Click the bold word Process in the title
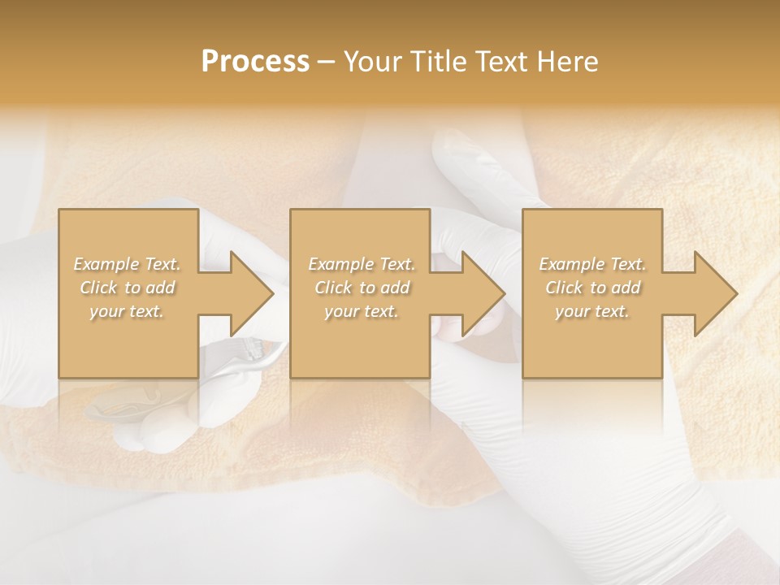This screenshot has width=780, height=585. pyautogui.click(x=255, y=62)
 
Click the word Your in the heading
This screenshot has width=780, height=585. pyautogui.click(x=372, y=62)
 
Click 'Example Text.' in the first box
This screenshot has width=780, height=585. pyautogui.click(x=127, y=264)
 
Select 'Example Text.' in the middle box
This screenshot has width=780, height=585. pyautogui.click(x=362, y=264)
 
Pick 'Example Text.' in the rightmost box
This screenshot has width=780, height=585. pyautogui.click(x=592, y=264)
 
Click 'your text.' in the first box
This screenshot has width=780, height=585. pyautogui.click(x=127, y=311)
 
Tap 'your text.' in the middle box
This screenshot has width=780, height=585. pyautogui.click(x=362, y=311)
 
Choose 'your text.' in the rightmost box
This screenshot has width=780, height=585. pyautogui.click(x=592, y=311)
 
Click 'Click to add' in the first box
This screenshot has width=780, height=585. pyautogui.click(x=127, y=288)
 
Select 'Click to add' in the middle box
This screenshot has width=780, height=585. pyautogui.click(x=362, y=288)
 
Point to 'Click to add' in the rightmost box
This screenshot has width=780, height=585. pyautogui.click(x=592, y=288)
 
